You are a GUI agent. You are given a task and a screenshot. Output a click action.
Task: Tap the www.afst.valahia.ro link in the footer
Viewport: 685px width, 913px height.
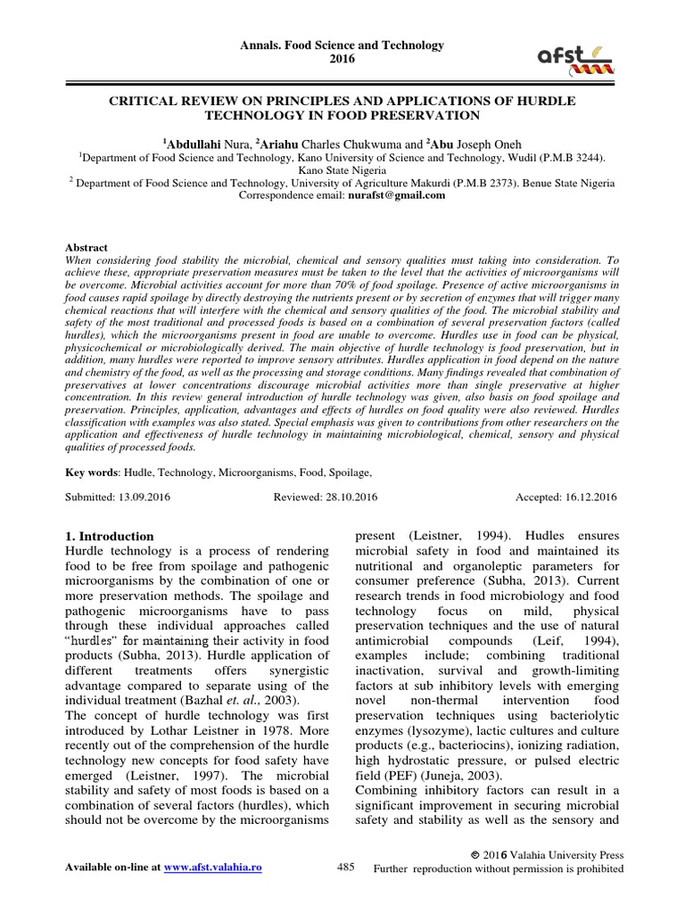(x=215, y=867)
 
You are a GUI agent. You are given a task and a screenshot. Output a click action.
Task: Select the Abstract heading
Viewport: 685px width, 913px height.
(x=87, y=247)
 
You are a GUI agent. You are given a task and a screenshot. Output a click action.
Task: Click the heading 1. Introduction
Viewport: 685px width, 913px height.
(x=111, y=537)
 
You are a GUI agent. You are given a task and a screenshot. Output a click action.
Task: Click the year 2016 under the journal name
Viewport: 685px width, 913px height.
(x=342, y=59)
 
